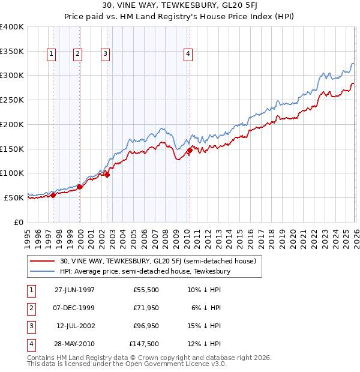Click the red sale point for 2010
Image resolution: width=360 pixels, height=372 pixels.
click(x=190, y=150)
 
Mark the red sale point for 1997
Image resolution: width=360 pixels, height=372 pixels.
click(x=53, y=194)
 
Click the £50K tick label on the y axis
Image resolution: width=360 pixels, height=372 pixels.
click(x=13, y=197)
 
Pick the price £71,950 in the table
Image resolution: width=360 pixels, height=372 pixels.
click(x=146, y=308)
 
